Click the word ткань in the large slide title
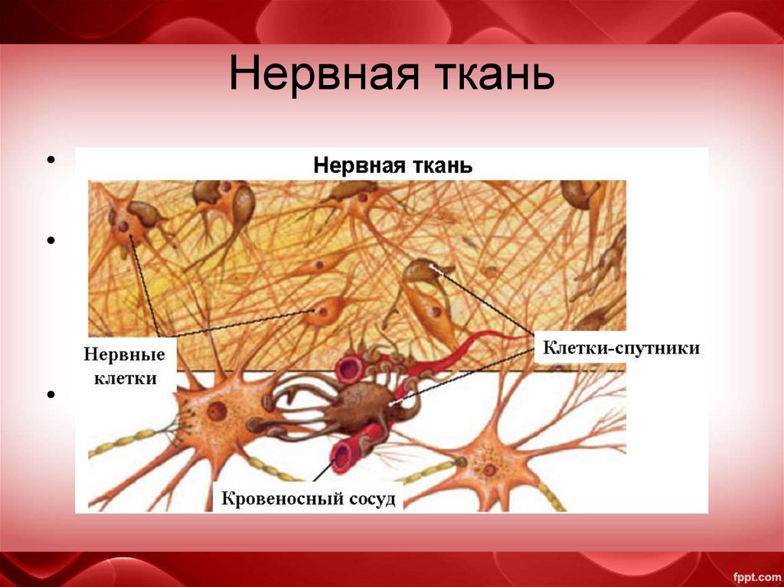click(485, 77)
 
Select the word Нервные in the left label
click(124, 357)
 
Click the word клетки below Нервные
click(126, 378)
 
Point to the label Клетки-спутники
click(621, 348)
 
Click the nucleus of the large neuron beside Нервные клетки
click(217, 412)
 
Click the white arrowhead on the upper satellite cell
click(435, 267)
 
